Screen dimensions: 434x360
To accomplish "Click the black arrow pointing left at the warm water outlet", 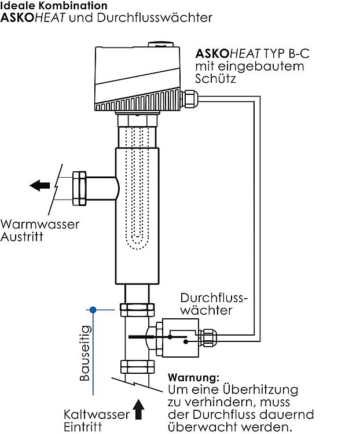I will point(40,186).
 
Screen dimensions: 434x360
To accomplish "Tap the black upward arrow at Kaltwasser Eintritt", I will point(138,409).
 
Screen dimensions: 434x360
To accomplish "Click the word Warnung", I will point(193,378).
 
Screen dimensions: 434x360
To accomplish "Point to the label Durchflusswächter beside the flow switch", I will point(214,304).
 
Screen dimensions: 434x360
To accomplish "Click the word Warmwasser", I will point(40,225).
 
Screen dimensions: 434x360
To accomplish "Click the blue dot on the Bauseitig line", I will point(91,310).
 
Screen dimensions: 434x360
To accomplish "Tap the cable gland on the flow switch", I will point(207,335).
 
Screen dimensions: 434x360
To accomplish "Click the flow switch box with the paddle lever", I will point(179,336).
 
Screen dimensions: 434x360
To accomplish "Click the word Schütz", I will point(215,78).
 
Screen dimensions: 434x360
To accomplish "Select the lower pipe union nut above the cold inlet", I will point(137,367).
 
